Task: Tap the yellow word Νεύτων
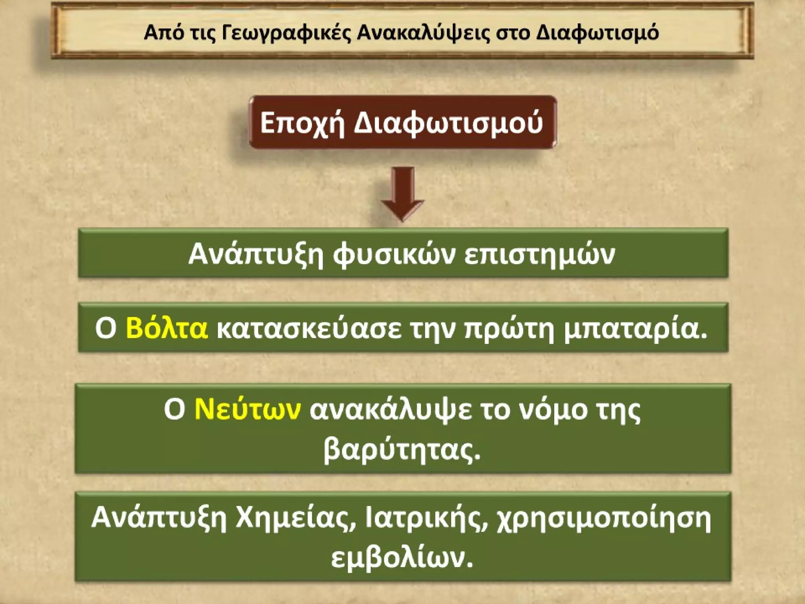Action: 248,410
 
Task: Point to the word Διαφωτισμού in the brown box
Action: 448,123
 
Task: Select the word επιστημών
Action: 540,254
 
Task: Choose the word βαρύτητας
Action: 402,449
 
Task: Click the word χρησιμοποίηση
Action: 604,518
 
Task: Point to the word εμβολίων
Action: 402,558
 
